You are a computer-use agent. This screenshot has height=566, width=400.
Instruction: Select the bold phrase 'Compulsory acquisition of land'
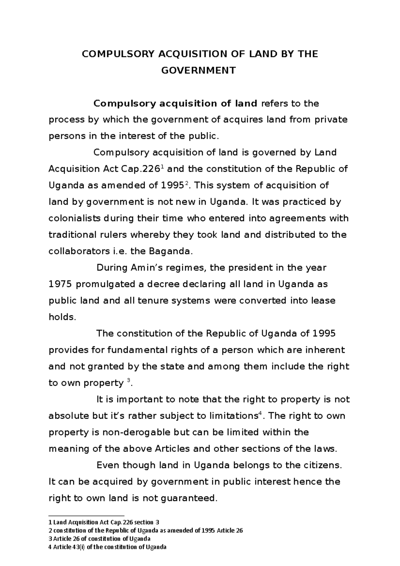(175, 104)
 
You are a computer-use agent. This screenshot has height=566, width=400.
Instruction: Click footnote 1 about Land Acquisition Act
(104, 522)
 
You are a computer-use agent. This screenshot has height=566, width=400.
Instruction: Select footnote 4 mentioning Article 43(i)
(107, 547)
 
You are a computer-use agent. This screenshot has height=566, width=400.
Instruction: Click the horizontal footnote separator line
(86, 515)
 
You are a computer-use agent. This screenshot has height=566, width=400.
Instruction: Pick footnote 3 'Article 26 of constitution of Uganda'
(100, 539)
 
